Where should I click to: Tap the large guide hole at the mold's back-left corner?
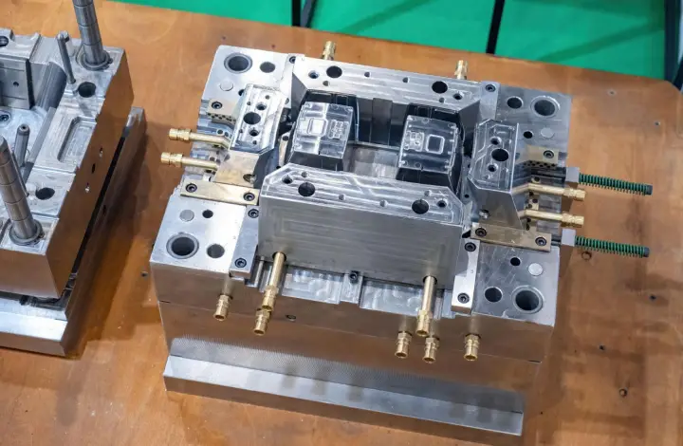(238, 63)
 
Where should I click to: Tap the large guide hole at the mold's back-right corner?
(545, 106)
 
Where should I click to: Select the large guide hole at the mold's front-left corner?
(182, 246)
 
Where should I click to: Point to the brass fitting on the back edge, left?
(329, 49)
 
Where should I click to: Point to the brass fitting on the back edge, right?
(461, 69)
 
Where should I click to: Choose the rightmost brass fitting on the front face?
(471, 346)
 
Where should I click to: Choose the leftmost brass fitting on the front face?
(223, 306)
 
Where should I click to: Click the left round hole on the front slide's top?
(306, 189)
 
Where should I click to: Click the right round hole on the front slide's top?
(420, 206)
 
